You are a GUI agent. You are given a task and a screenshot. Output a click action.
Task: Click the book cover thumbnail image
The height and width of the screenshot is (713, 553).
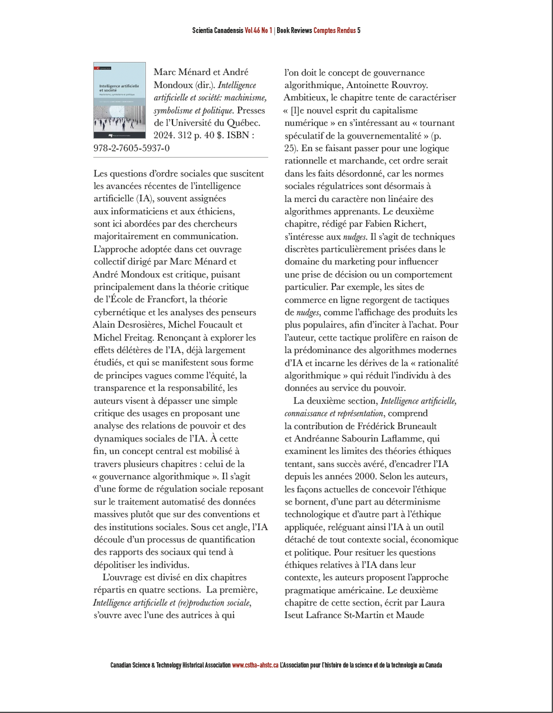pos(119,100)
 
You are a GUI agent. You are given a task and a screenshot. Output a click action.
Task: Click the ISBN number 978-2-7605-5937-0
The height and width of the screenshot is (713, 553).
pos(131,148)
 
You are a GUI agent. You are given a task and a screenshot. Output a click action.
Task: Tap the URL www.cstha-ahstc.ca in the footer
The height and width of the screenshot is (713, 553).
pos(255,665)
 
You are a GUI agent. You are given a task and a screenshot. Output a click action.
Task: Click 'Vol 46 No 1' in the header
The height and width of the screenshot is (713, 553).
pos(258,30)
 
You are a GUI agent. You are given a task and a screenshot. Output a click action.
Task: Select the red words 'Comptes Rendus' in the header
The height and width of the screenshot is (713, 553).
pos(334,30)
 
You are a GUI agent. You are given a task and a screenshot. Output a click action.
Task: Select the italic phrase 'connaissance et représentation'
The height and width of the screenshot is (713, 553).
pos(334,413)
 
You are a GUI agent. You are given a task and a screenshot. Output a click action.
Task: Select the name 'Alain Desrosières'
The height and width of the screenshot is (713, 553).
pos(130,325)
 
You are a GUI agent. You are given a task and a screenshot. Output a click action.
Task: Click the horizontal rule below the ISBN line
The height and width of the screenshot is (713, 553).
pos(180,158)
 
